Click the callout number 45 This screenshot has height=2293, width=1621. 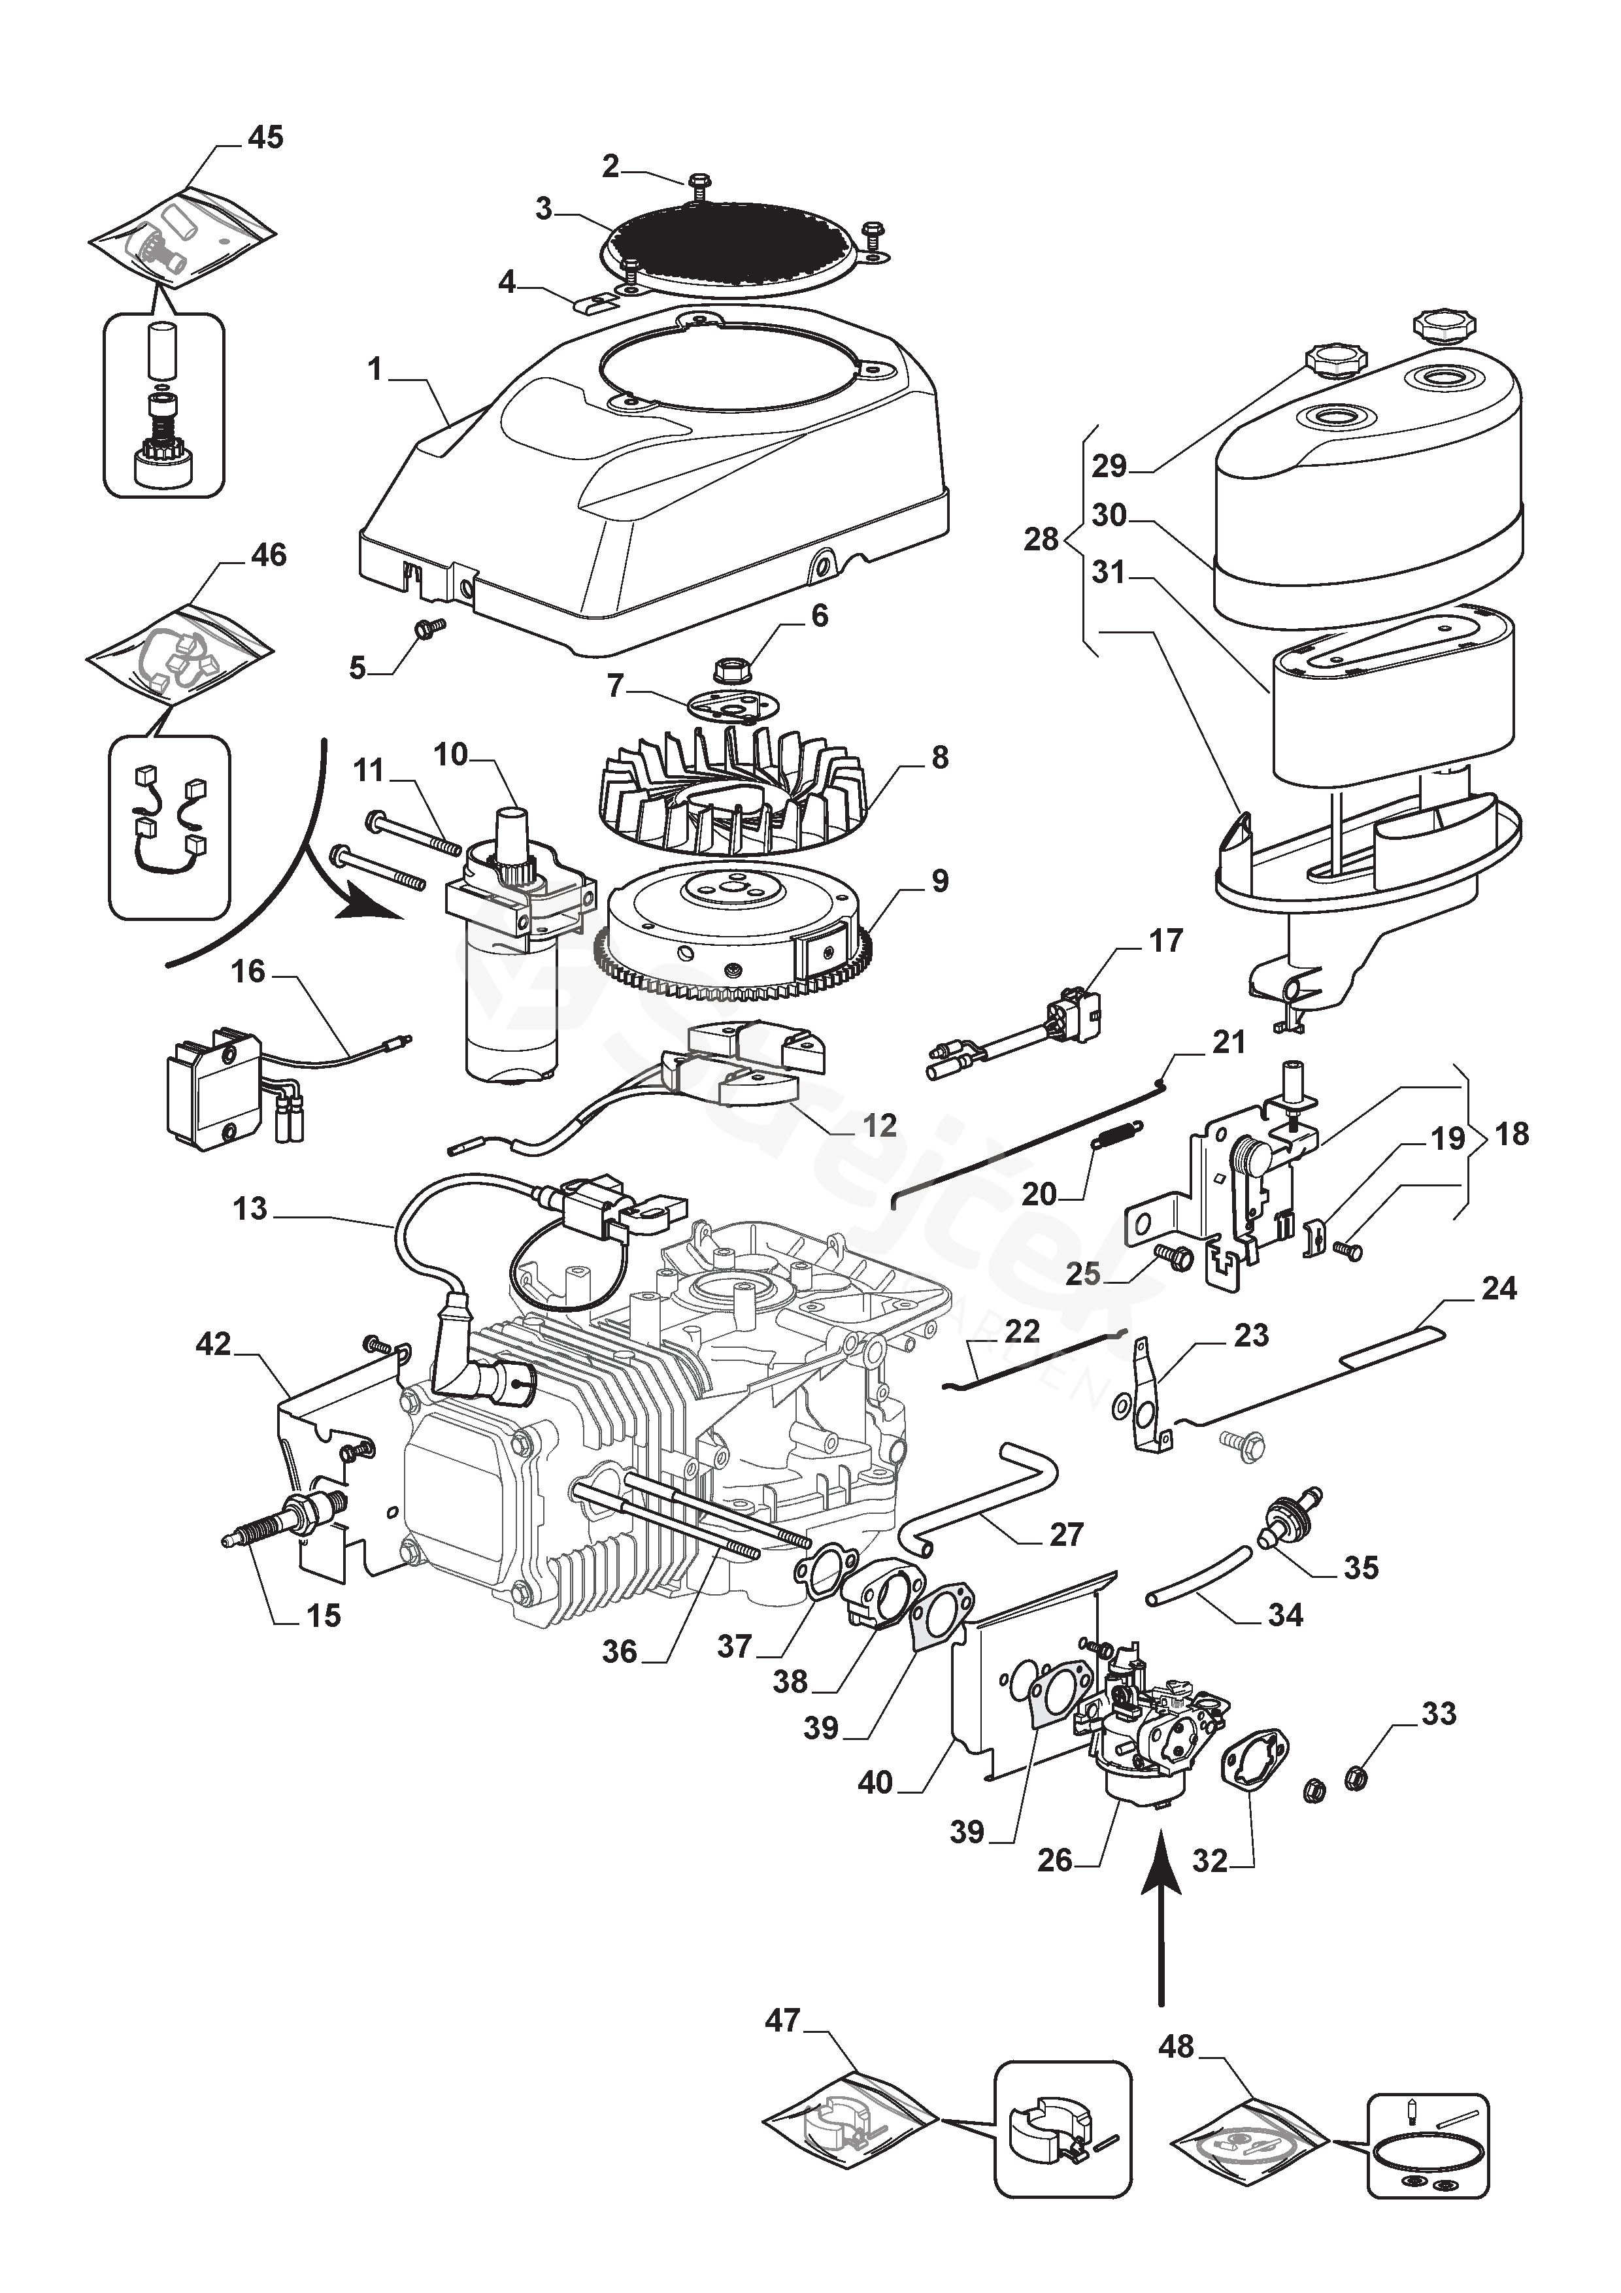pyautogui.click(x=265, y=137)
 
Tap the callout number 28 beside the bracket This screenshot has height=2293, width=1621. pyautogui.click(x=1041, y=539)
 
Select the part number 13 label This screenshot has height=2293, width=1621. pyautogui.click(x=250, y=1209)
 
